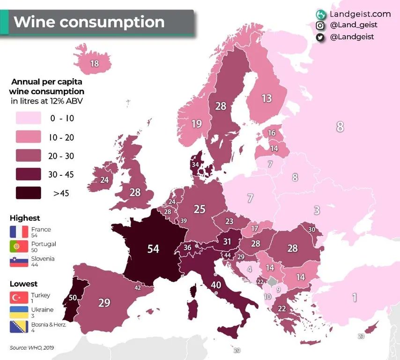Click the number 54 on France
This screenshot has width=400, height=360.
click(x=153, y=248)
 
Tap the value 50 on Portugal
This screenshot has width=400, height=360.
click(x=73, y=297)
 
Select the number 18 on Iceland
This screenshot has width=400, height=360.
click(x=94, y=64)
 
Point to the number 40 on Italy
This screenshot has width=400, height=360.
click(x=216, y=284)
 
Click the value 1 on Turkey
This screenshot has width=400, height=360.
click(x=354, y=297)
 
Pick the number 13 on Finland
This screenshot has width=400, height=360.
click(x=267, y=98)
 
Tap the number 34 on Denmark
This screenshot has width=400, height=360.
click(x=195, y=165)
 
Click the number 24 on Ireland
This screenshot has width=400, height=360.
click(x=104, y=180)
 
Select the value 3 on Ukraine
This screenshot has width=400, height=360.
click(x=317, y=210)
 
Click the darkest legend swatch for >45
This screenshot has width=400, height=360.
click(x=29, y=193)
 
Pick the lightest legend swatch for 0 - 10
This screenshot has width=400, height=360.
click(x=29, y=118)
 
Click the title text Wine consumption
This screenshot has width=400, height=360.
click(x=89, y=22)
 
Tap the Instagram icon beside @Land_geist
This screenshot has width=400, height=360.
click(x=320, y=25)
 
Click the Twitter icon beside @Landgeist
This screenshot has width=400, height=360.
click(x=320, y=37)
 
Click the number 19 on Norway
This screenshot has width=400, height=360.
click(x=196, y=124)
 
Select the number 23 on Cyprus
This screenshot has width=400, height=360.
click(x=361, y=336)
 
